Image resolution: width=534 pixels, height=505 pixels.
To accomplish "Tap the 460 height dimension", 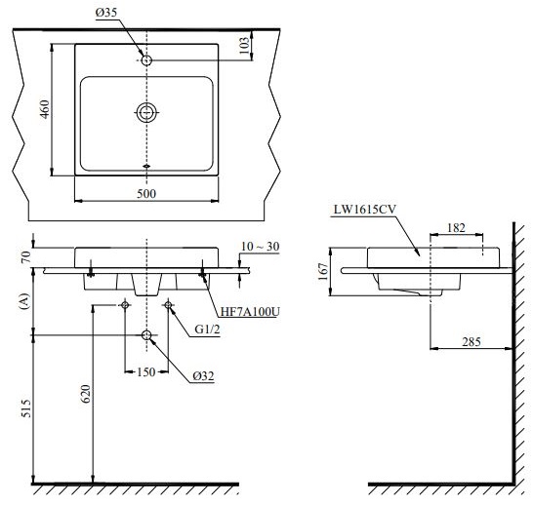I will [42, 109].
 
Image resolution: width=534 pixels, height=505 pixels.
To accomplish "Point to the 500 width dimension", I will [146, 194].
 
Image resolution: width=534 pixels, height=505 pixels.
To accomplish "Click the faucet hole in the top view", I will [146, 60].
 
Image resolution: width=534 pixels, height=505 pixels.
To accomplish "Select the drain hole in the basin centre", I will [146, 112].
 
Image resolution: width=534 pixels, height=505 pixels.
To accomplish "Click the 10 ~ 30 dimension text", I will [259, 247].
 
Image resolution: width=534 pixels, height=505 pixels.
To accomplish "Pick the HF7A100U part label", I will [249, 312].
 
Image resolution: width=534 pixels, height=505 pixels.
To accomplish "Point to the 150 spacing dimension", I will [146, 370].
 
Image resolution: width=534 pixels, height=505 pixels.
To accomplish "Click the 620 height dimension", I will [85, 393].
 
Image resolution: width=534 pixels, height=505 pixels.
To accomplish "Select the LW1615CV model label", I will [363, 209].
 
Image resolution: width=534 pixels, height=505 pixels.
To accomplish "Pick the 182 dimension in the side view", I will [455, 227].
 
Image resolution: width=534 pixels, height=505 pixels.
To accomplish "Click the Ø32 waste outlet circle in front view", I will [146, 335].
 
